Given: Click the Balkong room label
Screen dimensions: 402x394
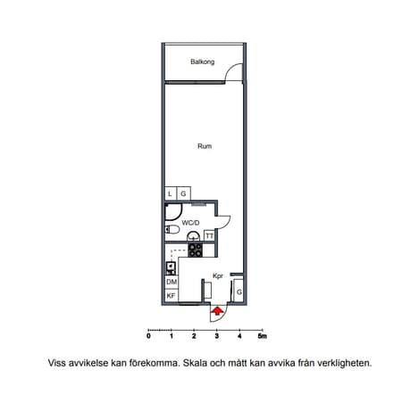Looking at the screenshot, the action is (203, 62).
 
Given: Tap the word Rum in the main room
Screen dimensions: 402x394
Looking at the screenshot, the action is (205, 146).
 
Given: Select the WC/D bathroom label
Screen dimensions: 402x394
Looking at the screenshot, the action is (190, 223).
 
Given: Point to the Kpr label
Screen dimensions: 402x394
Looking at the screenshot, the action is (218, 276).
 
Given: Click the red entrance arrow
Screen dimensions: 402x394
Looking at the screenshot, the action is (217, 311).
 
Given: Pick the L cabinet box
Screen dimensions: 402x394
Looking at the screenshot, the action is (171, 193).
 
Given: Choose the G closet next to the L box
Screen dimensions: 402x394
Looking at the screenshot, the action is (184, 193).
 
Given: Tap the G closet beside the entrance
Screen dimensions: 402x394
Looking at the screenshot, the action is (239, 291).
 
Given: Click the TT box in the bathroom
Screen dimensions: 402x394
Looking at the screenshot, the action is (209, 236).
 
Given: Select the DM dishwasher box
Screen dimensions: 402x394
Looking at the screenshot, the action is (172, 282).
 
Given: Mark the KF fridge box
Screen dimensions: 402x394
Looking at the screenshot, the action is (172, 296).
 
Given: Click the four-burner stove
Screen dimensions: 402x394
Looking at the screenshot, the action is (196, 250).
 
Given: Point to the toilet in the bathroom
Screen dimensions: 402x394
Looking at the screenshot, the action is (172, 229).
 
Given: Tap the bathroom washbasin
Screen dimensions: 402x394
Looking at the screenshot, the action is (193, 236).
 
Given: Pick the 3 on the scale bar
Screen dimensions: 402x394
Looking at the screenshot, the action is (217, 336).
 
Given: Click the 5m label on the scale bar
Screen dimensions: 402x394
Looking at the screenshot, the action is (263, 336).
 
